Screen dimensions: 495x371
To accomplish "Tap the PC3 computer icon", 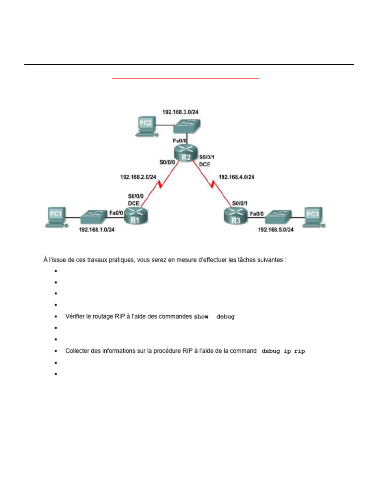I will pyautogui.click(x=313, y=216).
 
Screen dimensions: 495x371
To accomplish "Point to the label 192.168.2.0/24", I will pyautogui.click(x=138, y=177).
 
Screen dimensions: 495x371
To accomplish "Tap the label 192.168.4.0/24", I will pyautogui.click(x=236, y=177).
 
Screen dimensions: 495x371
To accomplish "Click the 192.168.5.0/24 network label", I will pyautogui.click(x=275, y=230).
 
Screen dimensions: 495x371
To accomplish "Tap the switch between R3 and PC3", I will pyautogui.click(x=279, y=216).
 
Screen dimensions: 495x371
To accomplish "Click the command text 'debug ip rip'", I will pyautogui.click(x=284, y=351).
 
